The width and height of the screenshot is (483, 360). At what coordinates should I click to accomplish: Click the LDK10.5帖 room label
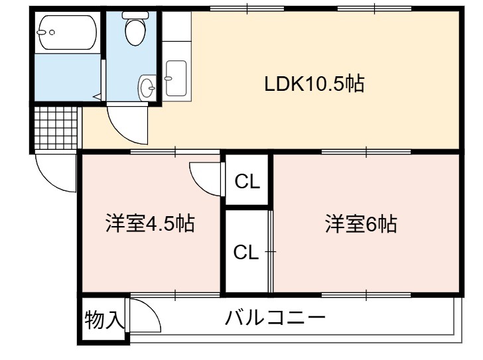[314, 84]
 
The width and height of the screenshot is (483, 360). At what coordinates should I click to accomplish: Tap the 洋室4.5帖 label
[150, 223]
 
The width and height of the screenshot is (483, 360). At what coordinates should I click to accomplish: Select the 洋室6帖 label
[361, 223]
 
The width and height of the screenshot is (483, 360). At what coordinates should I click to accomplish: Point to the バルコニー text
[275, 318]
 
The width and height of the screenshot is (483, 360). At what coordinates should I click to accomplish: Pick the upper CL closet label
[247, 182]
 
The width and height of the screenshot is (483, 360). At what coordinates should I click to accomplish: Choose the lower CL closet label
[246, 253]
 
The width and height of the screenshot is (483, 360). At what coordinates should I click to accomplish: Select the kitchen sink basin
[176, 78]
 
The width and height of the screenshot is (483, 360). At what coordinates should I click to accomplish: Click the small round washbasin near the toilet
[147, 88]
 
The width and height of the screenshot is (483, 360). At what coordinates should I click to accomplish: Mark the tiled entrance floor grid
[56, 128]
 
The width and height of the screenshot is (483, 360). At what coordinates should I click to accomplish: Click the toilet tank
[135, 15]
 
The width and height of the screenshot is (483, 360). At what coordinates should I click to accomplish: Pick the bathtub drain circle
[52, 32]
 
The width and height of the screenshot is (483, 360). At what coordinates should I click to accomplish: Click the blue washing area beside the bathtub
[68, 77]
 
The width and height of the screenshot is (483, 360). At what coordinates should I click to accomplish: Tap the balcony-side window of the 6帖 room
[366, 295]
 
